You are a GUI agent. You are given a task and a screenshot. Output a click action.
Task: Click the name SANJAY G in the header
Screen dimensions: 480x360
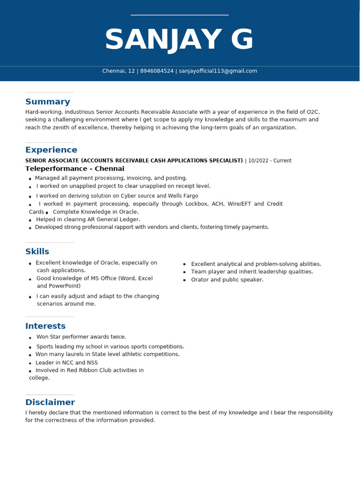[x=179, y=40]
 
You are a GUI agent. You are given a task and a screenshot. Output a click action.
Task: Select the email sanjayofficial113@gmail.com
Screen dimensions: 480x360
[x=218, y=71]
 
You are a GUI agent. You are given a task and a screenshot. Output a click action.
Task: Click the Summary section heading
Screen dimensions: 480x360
[x=47, y=102]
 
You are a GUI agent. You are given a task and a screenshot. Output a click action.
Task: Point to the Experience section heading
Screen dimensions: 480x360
[x=51, y=150]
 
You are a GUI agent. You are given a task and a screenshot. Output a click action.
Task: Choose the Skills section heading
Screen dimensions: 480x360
[x=37, y=252]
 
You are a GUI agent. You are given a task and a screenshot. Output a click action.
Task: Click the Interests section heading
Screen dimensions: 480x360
[x=45, y=326]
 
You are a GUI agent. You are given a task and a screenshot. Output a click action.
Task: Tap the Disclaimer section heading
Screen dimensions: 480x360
[x=50, y=403]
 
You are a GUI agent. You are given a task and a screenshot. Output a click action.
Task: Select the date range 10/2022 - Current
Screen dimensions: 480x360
[x=270, y=161]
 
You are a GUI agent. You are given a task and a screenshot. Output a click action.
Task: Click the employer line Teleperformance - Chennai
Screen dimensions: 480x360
[x=75, y=169]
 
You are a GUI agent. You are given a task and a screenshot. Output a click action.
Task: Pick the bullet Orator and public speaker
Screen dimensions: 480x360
[x=227, y=280]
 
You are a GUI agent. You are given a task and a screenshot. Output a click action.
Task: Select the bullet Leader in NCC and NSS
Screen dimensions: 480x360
[x=67, y=363]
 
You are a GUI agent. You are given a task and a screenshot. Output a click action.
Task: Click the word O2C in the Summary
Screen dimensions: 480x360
[x=313, y=112]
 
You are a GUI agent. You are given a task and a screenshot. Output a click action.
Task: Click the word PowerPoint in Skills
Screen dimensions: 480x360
[x=65, y=286]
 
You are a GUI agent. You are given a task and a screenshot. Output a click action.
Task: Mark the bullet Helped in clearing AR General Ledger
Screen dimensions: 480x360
[x=88, y=219]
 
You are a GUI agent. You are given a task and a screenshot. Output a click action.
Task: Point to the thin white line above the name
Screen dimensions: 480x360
[x=180, y=15]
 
